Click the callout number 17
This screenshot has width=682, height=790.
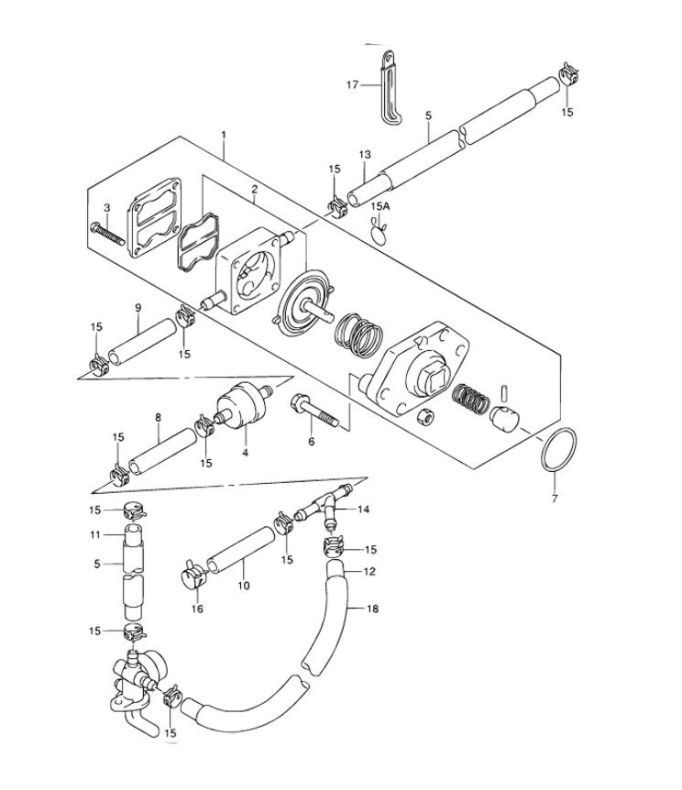click(x=351, y=85)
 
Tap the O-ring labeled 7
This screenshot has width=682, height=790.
click(x=558, y=449)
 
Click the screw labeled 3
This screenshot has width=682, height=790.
click(x=107, y=230)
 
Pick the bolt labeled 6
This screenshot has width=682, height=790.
click(x=316, y=411)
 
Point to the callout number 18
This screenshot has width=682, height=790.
click(x=372, y=608)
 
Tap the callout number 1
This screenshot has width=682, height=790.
click(x=223, y=135)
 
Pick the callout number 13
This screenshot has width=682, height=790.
click(x=364, y=155)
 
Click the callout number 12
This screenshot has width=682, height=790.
click(x=370, y=571)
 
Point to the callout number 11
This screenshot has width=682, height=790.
click(x=96, y=534)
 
